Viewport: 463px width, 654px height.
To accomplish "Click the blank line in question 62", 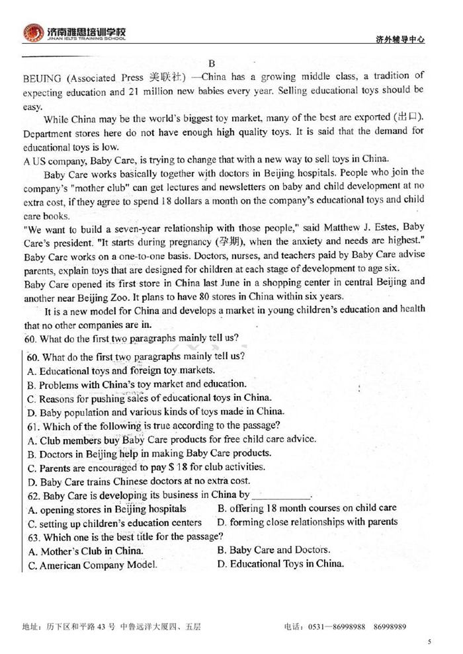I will point(281,495).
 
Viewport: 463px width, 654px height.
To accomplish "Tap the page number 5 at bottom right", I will point(429,641).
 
